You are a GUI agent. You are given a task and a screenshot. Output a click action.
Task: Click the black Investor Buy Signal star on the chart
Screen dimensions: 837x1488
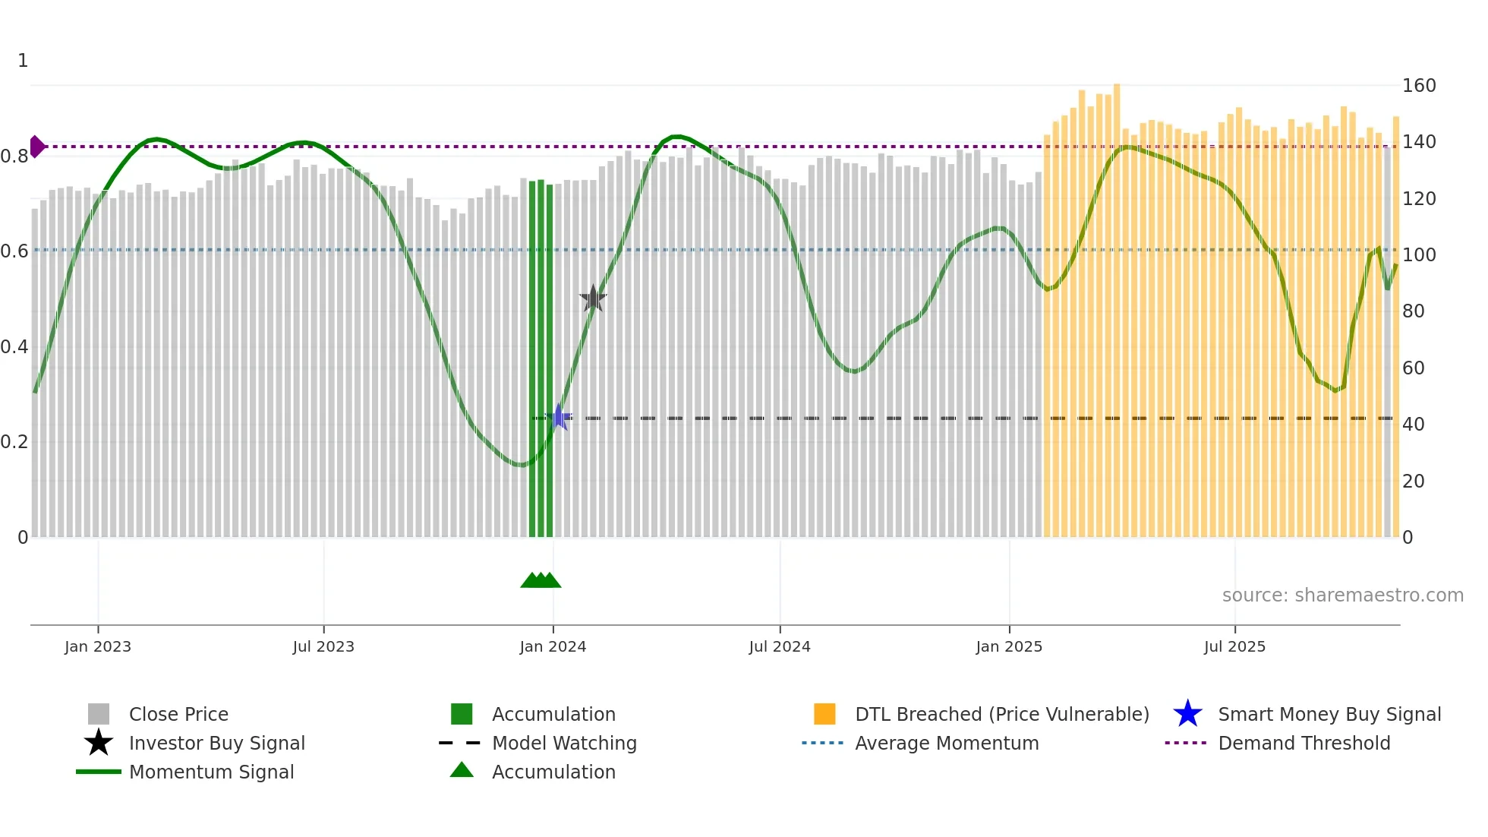tap(593, 298)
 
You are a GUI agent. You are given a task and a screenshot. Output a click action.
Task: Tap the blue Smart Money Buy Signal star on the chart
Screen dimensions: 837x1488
tap(560, 417)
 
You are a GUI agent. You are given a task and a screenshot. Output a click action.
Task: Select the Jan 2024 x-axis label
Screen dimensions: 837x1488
tap(553, 647)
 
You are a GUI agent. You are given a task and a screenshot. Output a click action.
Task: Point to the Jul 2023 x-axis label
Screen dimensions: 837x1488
tap(323, 647)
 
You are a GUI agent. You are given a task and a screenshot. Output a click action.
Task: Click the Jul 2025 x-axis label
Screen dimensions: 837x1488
tap(1234, 647)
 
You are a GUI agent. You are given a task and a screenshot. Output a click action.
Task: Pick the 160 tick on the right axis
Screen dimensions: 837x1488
tap(1419, 86)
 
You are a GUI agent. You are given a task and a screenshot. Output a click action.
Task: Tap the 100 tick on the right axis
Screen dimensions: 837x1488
tap(1419, 255)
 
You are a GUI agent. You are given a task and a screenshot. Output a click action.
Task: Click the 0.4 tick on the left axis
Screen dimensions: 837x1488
tap(14, 347)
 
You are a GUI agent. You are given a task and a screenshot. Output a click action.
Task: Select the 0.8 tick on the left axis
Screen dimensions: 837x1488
tap(14, 156)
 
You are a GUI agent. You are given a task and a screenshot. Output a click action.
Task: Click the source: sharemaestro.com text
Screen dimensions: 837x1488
tap(1342, 595)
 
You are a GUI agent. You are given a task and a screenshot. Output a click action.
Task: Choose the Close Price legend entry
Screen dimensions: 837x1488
tap(178, 715)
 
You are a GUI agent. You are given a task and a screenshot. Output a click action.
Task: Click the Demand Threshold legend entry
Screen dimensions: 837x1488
tap(1304, 744)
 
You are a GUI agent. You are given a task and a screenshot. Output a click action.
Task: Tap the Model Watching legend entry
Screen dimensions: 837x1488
tap(564, 744)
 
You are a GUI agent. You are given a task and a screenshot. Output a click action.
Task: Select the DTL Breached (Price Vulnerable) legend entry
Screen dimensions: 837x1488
tap(1001, 715)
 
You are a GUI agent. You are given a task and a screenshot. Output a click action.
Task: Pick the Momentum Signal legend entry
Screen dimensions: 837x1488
tap(211, 772)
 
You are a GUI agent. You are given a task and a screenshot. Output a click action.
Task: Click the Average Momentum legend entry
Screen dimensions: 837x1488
tap(947, 744)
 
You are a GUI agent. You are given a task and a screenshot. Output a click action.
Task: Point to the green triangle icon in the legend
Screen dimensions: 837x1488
tap(462, 771)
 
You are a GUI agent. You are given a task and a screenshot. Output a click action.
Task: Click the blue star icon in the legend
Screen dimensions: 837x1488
tap(1187, 715)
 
